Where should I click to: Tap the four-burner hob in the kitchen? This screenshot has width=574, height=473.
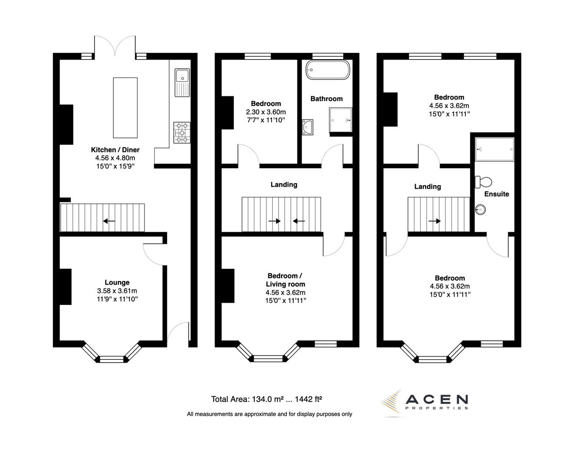point(181,132)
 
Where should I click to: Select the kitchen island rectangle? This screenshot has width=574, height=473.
point(125,107)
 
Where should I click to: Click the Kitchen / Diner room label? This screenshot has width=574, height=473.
point(115,150)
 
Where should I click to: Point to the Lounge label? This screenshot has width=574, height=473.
point(117,282)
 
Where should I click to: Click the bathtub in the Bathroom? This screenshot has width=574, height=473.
point(327,70)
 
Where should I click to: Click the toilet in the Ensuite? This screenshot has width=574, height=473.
point(484,181)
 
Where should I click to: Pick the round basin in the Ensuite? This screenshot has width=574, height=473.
point(480,209)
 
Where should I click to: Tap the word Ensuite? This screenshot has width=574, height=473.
point(497,194)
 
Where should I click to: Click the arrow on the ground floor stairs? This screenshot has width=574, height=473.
point(109,221)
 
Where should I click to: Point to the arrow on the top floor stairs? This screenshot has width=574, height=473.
point(434,221)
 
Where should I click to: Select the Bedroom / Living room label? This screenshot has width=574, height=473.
point(285,280)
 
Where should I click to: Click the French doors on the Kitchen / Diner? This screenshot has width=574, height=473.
point(115,46)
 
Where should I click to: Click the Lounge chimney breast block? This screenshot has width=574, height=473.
point(65,286)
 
